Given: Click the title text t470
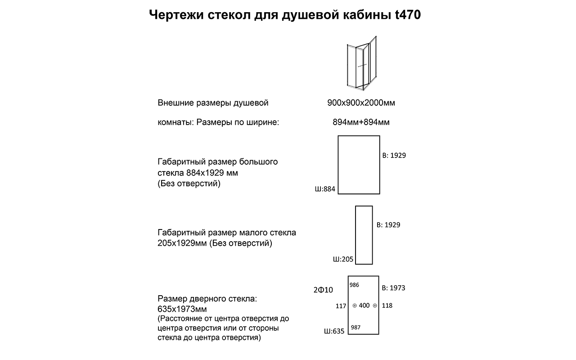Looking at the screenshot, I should pyautogui.click(x=408, y=15).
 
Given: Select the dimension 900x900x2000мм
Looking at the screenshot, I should pyautogui.click(x=361, y=103).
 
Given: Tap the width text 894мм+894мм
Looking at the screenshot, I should pyautogui.click(x=361, y=122).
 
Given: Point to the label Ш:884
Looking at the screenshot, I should pyautogui.click(x=325, y=189).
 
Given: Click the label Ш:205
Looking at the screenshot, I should pyautogui.click(x=343, y=259).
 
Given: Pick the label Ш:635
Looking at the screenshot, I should pyautogui.click(x=334, y=331).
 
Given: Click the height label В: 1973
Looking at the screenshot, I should pyautogui.click(x=393, y=288).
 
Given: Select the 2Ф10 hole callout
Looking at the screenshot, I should pyautogui.click(x=323, y=290).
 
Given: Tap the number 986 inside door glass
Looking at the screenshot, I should pyautogui.click(x=355, y=285).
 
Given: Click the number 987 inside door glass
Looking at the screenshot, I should pyautogui.click(x=355, y=328).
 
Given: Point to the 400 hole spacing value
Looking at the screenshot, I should pyautogui.click(x=364, y=306).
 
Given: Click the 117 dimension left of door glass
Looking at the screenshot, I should pyautogui.click(x=341, y=306).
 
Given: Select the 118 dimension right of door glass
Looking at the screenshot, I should pyautogui.click(x=387, y=306).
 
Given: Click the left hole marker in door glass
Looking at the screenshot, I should pyautogui.click(x=355, y=306).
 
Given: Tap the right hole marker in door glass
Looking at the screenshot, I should pyautogui.click(x=375, y=306).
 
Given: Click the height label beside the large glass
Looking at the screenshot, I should pyautogui.click(x=394, y=155).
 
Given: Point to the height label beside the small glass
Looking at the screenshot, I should pyautogui.click(x=388, y=225).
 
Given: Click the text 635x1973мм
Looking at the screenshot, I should pyautogui.click(x=182, y=309).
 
